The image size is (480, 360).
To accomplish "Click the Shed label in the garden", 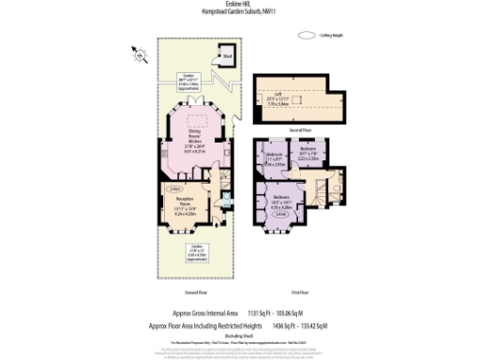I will [227, 56].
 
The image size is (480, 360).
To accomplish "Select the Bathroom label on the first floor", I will [308, 154].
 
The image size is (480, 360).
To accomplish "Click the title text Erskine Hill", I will [240, 5].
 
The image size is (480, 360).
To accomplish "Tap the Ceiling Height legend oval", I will [306, 35].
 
